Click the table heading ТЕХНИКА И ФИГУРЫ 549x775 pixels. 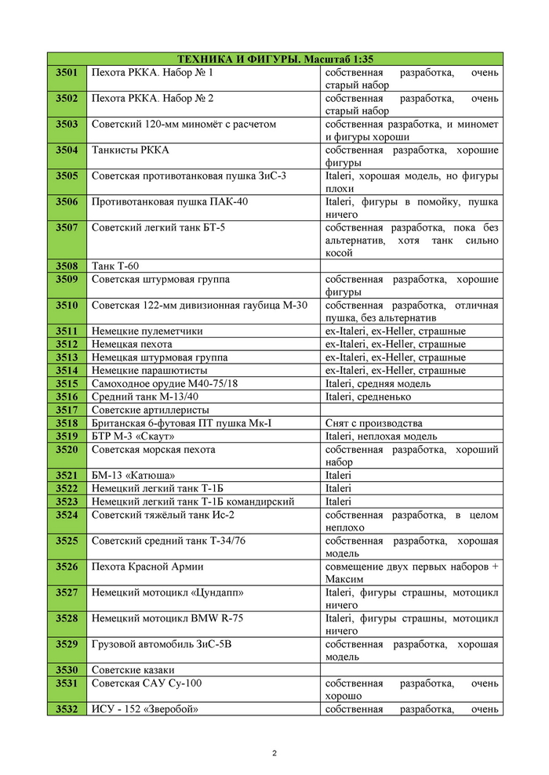coord(274,59)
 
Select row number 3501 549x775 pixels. coord(67,72)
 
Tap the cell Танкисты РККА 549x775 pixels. coord(130,150)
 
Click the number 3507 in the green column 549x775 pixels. coord(67,227)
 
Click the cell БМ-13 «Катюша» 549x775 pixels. coord(133,476)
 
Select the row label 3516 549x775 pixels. coord(67,397)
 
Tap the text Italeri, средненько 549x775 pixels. coord(373,397)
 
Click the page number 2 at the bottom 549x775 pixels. coord(274,753)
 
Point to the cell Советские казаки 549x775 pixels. coord(133,670)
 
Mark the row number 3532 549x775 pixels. coord(67,709)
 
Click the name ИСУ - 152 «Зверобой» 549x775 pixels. coord(145,709)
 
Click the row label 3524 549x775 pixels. coord(67,515)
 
